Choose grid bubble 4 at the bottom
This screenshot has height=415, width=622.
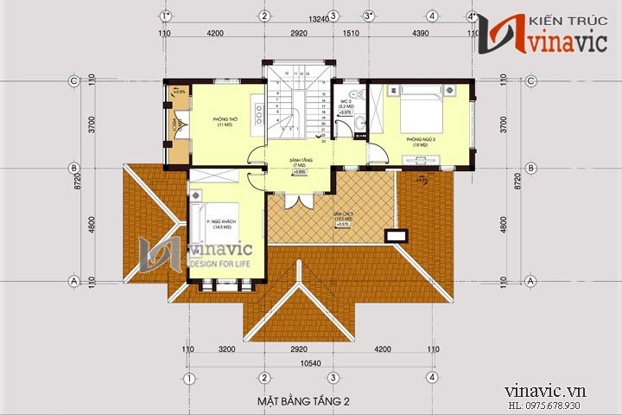(x=431, y=379)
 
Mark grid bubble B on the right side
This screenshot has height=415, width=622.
(x=529, y=168)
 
